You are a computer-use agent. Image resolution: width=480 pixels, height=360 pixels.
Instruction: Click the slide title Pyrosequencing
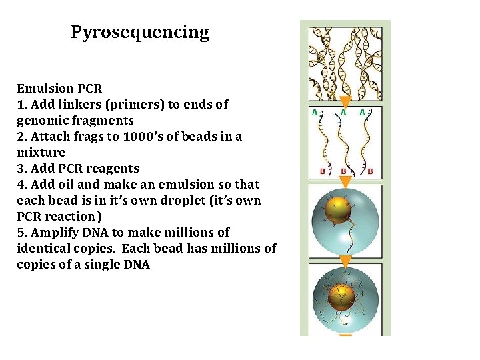click(140, 32)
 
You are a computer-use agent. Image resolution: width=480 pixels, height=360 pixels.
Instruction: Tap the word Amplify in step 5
click(54, 233)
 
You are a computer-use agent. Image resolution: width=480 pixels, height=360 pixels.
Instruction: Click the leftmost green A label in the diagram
click(315, 113)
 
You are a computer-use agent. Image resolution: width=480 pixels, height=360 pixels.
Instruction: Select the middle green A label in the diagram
click(343, 113)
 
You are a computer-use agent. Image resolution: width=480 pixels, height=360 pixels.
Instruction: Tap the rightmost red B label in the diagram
click(371, 171)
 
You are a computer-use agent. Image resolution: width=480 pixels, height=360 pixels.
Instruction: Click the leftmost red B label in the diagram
click(323, 171)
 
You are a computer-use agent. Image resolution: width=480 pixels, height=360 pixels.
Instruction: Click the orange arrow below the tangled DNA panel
click(345, 102)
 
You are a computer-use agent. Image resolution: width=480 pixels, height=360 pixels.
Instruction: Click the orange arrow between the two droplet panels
click(345, 260)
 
